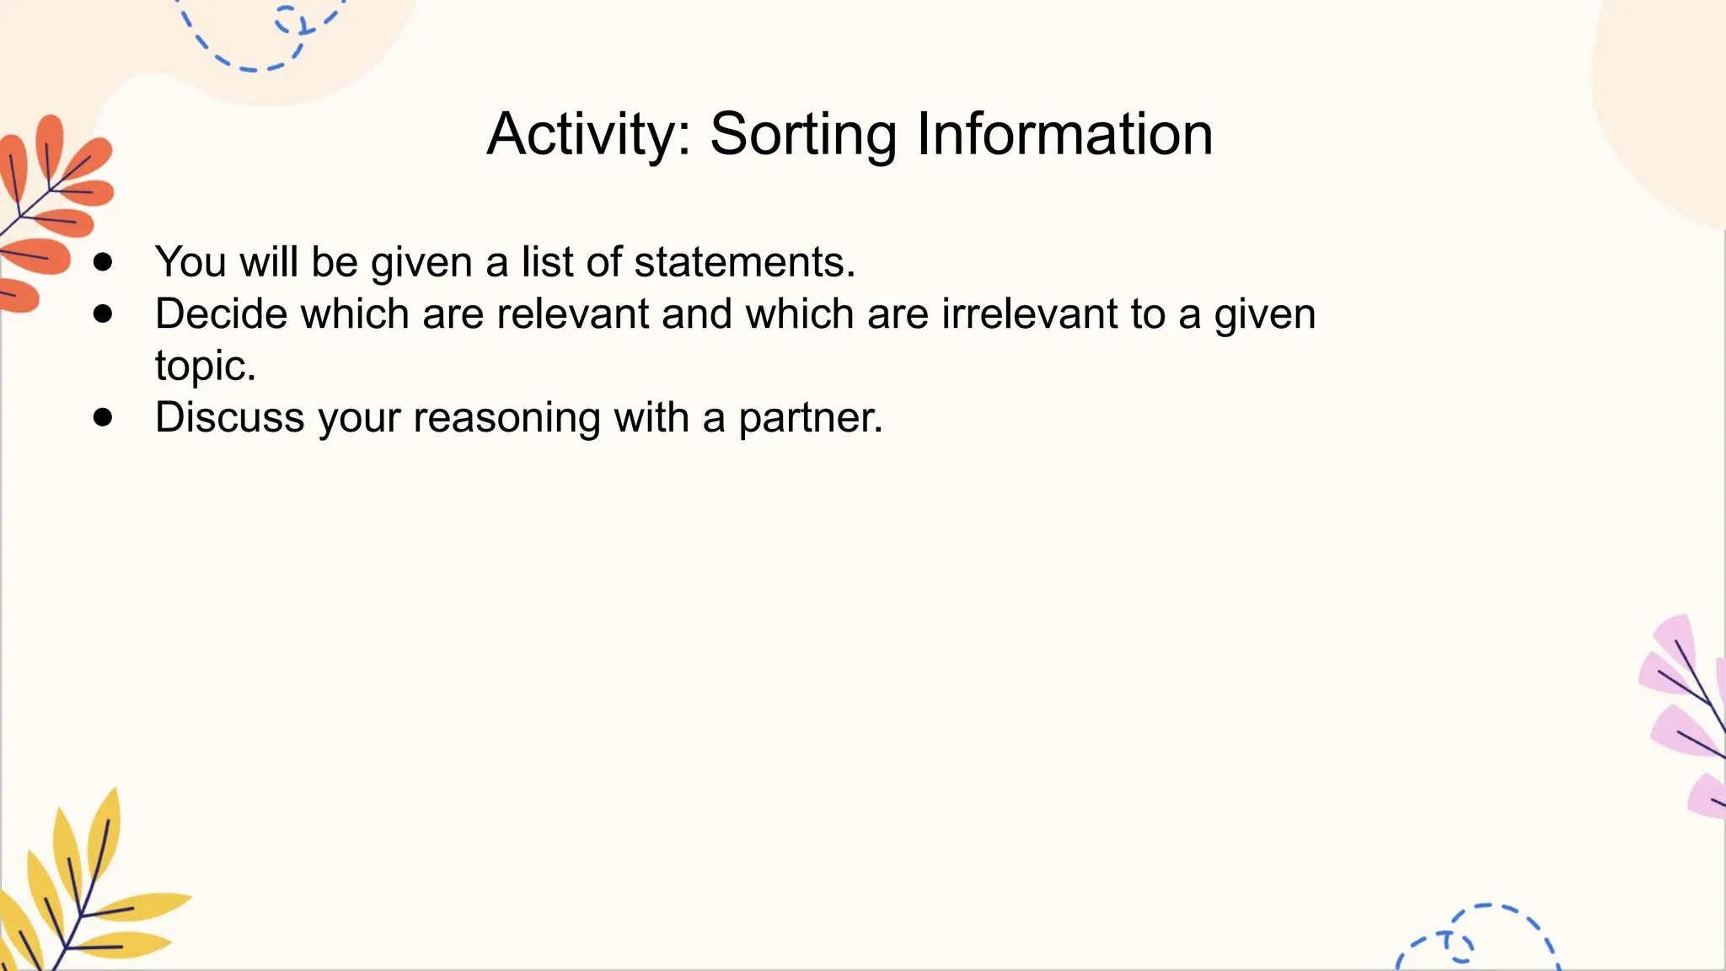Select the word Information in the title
tap(1064, 135)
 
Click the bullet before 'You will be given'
tap(103, 262)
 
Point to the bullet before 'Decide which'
tap(103, 314)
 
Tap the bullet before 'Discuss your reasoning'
tap(103, 417)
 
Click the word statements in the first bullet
tap(744, 262)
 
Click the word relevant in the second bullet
tap(572, 314)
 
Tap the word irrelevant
tap(1029, 314)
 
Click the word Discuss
tap(229, 417)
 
